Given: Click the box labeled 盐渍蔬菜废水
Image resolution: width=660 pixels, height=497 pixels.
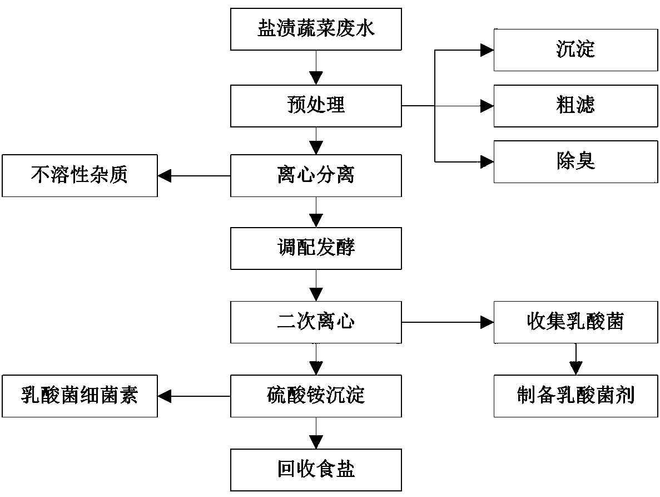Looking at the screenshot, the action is [316, 29].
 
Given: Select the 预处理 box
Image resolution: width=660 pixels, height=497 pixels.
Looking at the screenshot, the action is [316, 106].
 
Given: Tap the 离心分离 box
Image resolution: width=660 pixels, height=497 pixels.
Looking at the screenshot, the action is [316, 176].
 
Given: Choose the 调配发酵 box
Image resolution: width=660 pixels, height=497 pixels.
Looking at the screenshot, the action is [316, 248].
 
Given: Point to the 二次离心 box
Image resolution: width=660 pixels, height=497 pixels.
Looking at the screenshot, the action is [316, 322].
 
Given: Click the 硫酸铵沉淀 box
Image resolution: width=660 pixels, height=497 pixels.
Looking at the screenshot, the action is [316, 396].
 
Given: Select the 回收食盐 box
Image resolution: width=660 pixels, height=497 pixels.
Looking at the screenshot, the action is [316, 470].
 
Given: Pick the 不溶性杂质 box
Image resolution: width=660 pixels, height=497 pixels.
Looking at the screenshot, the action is [80, 176].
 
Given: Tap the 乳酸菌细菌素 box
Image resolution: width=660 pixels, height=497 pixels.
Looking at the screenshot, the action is [80, 396].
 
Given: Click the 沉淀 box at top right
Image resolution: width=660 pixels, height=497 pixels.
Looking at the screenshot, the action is [575, 50].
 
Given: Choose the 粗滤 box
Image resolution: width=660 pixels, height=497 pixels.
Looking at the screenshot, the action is [575, 106].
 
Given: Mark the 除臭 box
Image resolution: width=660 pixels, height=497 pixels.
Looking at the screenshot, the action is [575, 162].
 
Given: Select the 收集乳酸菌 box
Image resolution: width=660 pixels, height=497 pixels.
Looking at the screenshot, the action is [575, 322].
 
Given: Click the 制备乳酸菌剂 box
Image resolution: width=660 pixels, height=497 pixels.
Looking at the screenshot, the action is [575, 396].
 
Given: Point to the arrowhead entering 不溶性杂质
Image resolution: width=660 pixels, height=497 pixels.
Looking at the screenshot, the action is [165, 176].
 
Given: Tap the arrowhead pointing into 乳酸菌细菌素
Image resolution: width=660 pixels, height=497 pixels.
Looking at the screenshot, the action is [165, 396].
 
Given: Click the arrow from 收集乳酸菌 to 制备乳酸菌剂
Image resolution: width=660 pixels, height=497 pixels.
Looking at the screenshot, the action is [575, 360].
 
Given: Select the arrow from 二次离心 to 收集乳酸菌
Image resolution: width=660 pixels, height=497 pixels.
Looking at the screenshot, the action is [448, 322].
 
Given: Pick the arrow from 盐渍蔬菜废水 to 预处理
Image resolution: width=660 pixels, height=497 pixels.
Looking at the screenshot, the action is [316, 67].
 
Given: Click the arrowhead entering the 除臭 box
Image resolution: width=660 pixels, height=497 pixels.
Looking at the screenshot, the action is [487, 162].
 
